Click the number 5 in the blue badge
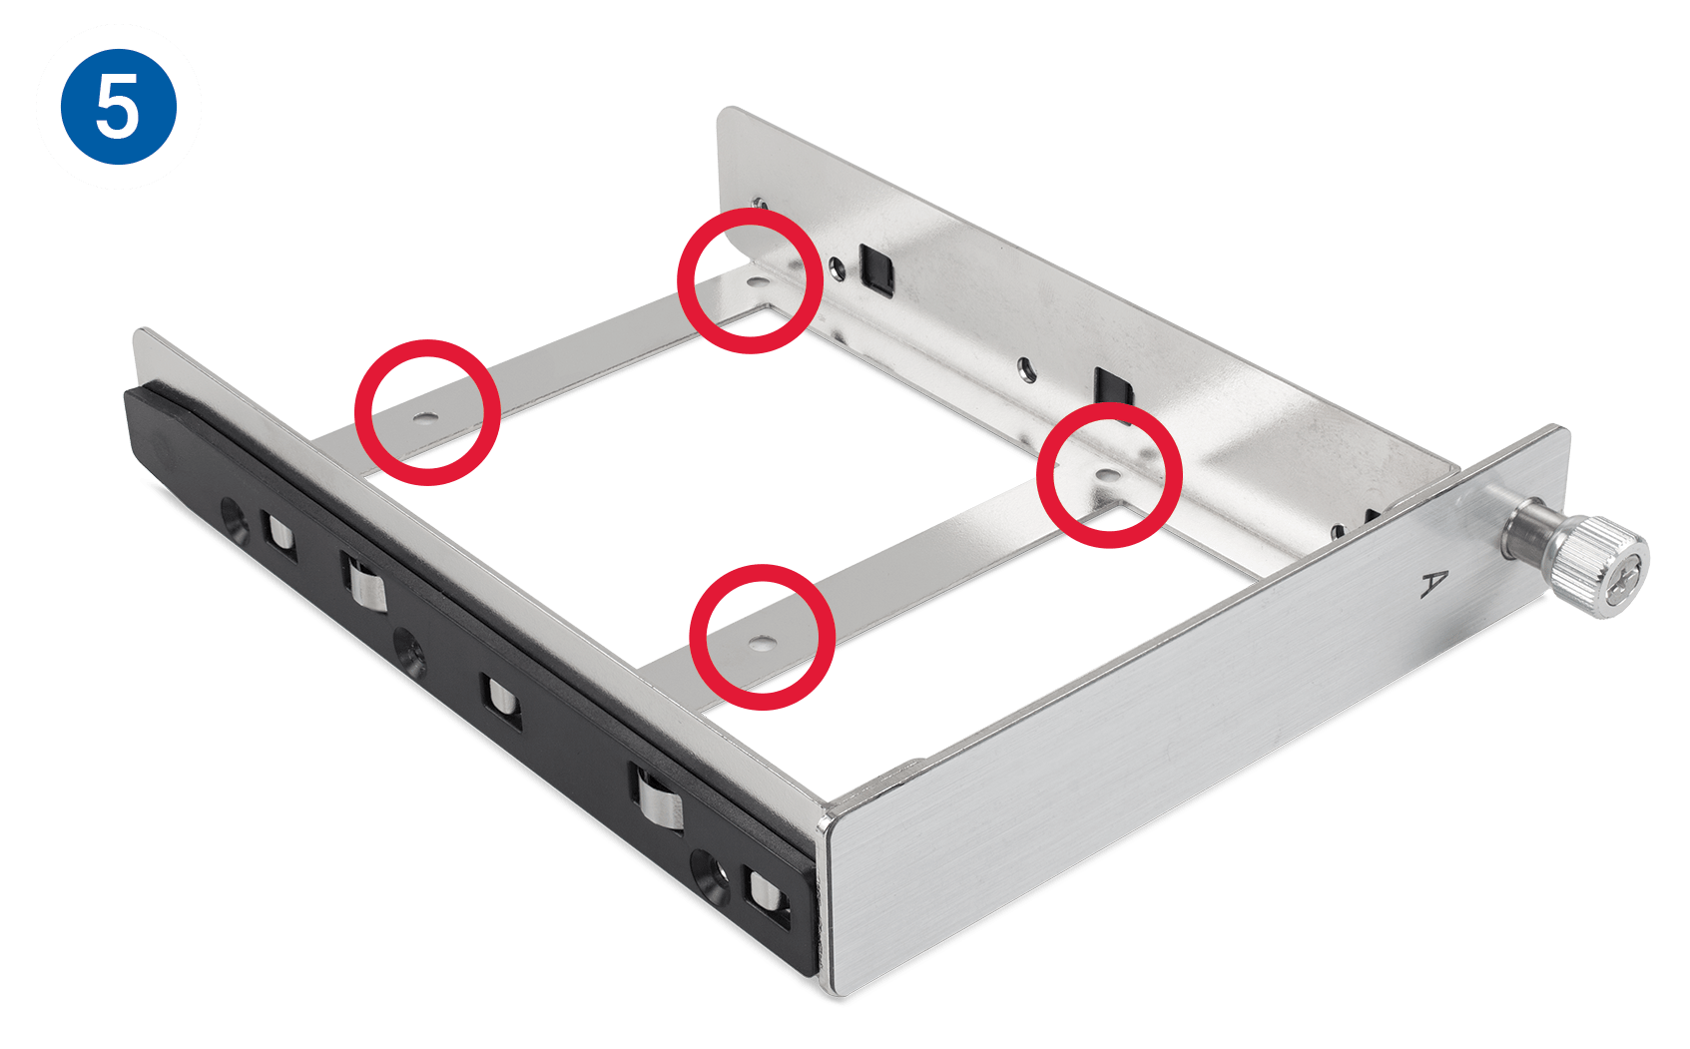click(x=118, y=107)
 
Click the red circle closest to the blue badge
click(x=427, y=412)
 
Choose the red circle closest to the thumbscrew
click(x=1109, y=475)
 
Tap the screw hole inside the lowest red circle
click(x=762, y=644)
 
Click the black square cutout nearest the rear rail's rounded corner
click(x=875, y=269)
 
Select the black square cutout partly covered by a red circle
click(x=1114, y=391)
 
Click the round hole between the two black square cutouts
click(x=1026, y=368)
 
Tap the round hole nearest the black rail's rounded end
click(x=235, y=519)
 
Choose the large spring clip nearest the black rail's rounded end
click(x=364, y=581)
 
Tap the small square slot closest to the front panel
click(x=767, y=896)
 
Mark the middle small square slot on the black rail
click(x=502, y=702)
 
